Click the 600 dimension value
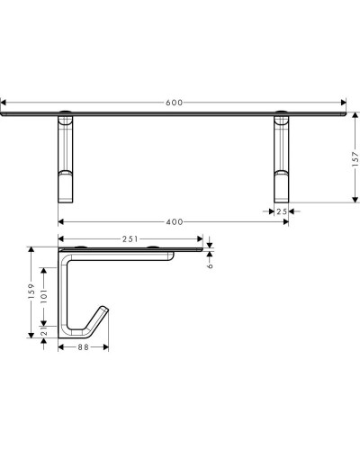175,102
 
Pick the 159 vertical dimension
30,292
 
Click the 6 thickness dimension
210,264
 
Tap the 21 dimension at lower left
44,332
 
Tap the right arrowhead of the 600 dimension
347,102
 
